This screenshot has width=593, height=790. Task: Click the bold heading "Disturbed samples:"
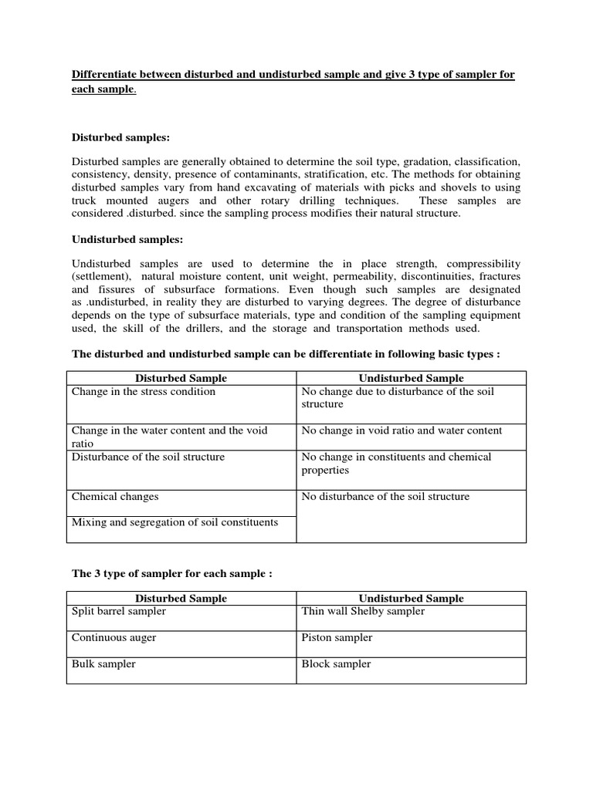point(120,137)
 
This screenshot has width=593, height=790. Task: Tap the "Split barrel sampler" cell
point(119,611)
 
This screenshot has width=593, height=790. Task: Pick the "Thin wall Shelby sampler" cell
point(363,611)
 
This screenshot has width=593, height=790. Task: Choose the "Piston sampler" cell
point(337,637)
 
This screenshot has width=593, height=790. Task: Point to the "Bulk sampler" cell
point(103,663)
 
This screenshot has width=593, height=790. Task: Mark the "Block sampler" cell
point(336,663)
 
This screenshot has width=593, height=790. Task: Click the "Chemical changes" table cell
point(115,496)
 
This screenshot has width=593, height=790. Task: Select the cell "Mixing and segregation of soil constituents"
point(175,522)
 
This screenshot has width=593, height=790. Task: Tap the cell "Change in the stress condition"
point(144,391)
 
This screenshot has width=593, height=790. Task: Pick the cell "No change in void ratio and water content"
point(402,430)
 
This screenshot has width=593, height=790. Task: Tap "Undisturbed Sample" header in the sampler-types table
point(412,598)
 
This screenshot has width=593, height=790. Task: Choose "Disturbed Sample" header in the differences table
point(181,378)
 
